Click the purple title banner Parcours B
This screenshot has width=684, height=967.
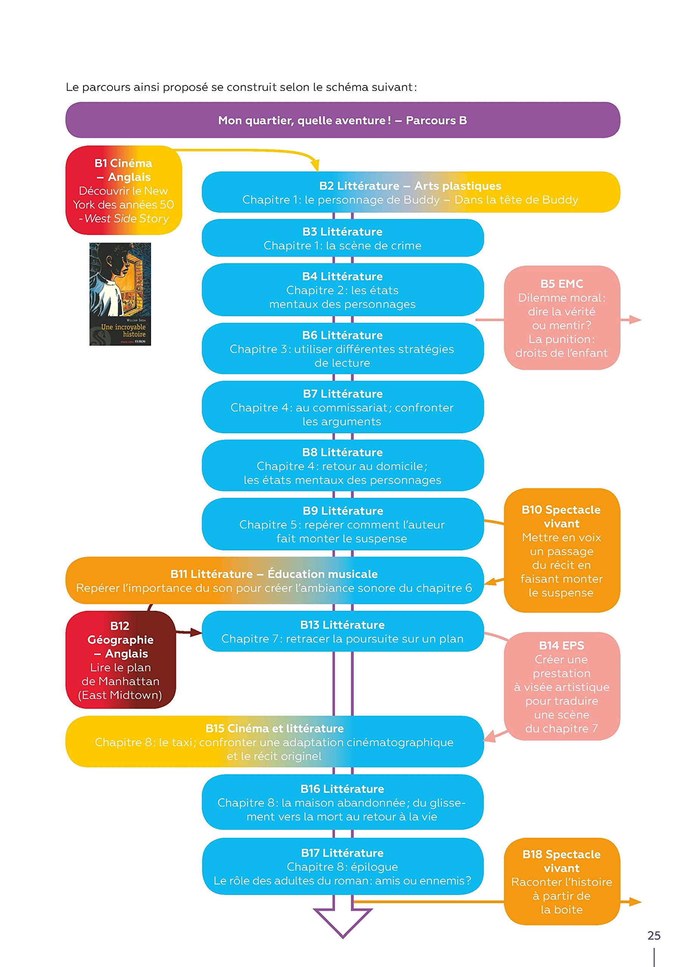coord(343,120)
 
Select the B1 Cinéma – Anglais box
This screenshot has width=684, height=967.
coord(124,190)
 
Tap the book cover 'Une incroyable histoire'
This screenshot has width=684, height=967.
coord(120,294)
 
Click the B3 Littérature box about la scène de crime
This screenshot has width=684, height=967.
coord(343,238)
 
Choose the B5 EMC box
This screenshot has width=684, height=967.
coord(562,318)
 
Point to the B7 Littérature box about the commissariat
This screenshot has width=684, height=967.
coord(343,407)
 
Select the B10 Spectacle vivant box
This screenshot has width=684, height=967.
coord(562,550)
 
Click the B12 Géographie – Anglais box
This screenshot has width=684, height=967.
coord(120,660)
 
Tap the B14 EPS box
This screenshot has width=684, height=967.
coord(562,686)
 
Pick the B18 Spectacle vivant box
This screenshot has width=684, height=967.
coord(562,882)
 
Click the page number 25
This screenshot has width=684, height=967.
coord(654,935)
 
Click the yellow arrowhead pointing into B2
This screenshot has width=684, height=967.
coord(315,165)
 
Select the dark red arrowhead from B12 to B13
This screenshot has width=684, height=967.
coord(196,632)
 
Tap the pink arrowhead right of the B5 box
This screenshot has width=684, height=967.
coord(635,320)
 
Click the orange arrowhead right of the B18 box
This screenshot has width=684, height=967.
coord(635,902)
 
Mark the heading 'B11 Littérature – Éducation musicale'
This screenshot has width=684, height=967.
coord(274,574)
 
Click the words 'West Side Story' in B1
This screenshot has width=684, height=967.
coord(127,219)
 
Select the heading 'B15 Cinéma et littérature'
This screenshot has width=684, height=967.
coord(275,728)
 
